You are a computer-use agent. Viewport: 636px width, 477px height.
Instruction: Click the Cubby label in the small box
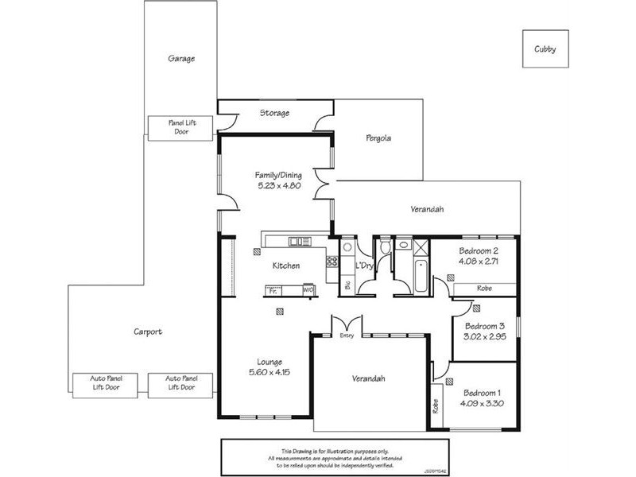[x=545, y=49]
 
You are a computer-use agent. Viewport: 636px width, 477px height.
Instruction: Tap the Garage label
[x=181, y=59]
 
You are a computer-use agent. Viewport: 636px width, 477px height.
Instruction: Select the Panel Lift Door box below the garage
[x=180, y=127]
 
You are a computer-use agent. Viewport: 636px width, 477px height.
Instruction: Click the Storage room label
[x=274, y=114]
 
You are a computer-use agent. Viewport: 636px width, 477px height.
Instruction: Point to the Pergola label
[x=378, y=138]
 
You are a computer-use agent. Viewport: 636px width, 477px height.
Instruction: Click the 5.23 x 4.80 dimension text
[x=275, y=186]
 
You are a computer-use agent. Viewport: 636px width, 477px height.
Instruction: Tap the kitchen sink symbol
[x=300, y=242]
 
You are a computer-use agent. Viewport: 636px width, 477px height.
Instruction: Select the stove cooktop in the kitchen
[x=331, y=261]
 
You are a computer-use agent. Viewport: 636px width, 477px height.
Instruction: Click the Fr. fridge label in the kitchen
[x=273, y=292]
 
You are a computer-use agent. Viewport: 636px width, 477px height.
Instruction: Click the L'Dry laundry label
[x=364, y=266]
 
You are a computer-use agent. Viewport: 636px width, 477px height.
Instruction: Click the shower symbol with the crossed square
[x=421, y=246]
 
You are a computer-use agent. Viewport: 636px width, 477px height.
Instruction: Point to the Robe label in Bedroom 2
[x=483, y=288]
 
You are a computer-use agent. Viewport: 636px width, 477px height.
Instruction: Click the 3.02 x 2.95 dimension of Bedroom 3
[x=484, y=336]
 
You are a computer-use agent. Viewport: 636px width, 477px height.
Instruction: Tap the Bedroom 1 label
[x=483, y=392]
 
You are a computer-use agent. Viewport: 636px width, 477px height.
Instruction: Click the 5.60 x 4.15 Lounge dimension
[x=266, y=372]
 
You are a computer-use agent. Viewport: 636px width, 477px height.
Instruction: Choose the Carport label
[x=148, y=332]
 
